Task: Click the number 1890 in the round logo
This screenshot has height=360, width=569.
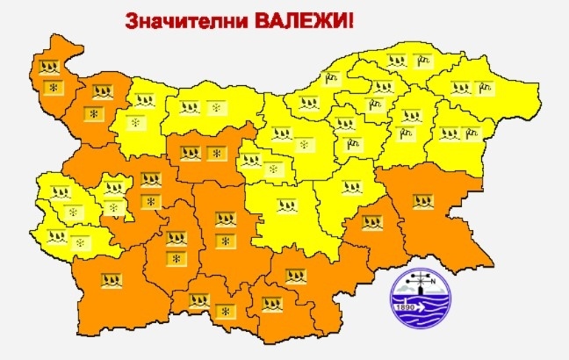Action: tap(407, 309)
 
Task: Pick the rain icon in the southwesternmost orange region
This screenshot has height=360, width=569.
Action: tap(112, 280)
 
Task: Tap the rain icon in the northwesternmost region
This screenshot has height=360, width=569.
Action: tap(51, 68)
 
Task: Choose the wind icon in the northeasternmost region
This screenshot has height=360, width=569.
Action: tap(485, 87)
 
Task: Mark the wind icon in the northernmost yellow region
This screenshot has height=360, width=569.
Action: tap(424, 61)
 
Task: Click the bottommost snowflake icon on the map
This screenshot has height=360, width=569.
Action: tap(224, 312)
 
